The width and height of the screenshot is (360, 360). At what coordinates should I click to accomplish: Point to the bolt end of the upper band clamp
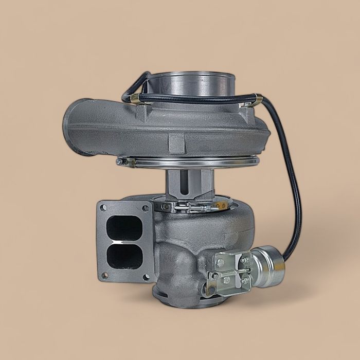click(x=119, y=162)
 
